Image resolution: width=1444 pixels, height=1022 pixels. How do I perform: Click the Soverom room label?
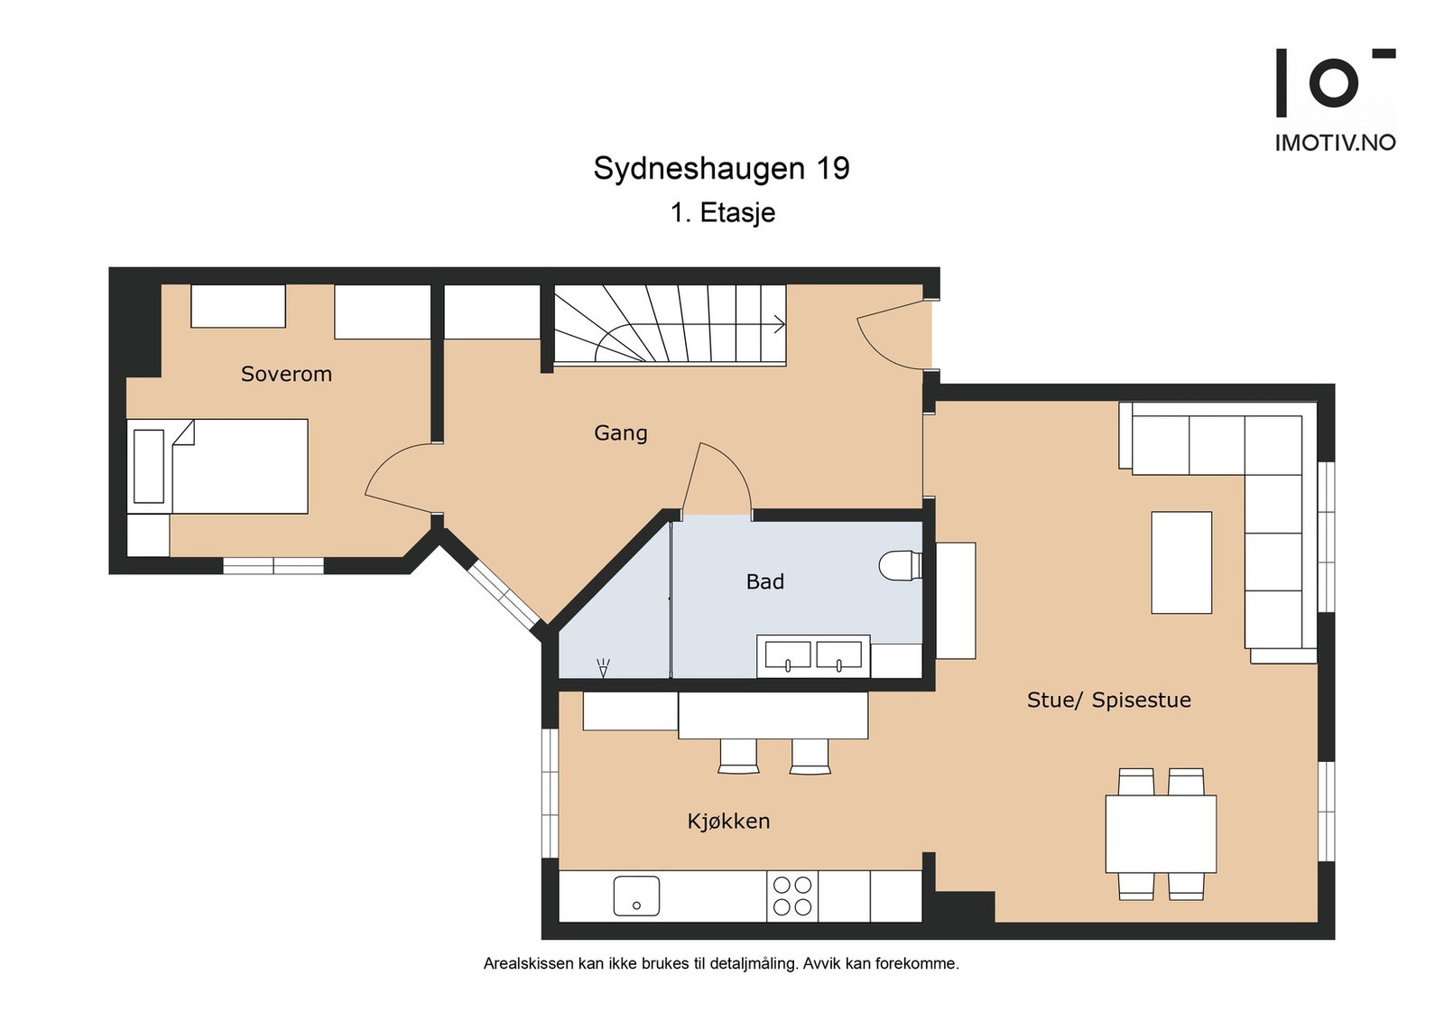[286, 374]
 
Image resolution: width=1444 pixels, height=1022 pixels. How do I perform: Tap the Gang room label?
[620, 432]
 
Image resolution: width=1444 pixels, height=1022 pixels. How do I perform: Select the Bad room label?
[764, 581]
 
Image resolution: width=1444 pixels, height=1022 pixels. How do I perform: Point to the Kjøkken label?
[728, 821]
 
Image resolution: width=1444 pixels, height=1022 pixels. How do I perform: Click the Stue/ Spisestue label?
[1108, 700]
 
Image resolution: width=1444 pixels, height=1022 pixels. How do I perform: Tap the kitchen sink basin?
[636, 896]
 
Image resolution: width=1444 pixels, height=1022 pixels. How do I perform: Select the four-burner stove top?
[792, 896]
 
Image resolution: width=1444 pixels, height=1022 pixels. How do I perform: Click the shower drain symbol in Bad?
[603, 668]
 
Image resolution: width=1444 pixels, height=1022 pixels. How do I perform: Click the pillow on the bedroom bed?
[149, 466]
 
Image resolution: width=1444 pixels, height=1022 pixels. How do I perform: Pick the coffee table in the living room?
[1180, 562]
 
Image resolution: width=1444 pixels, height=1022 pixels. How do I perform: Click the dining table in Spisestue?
[1161, 832]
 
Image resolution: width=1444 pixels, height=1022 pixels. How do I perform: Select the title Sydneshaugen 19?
[721, 169]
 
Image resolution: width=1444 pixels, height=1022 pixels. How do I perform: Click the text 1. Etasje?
[723, 213]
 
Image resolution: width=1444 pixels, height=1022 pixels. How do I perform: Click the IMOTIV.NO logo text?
[1335, 143]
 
